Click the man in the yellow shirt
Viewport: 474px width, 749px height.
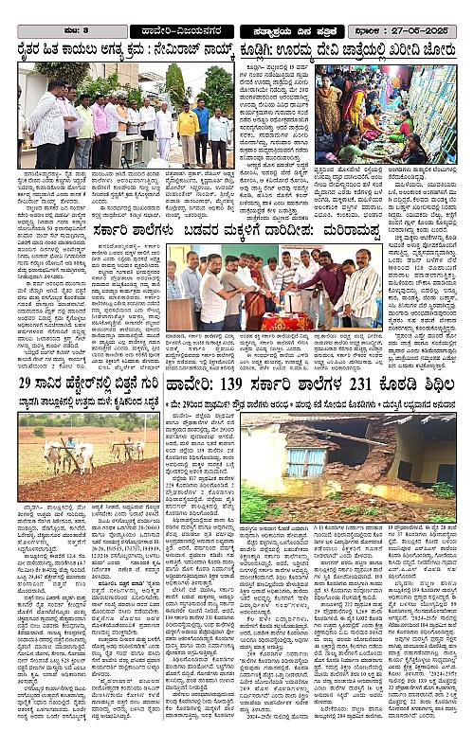(190, 119)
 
